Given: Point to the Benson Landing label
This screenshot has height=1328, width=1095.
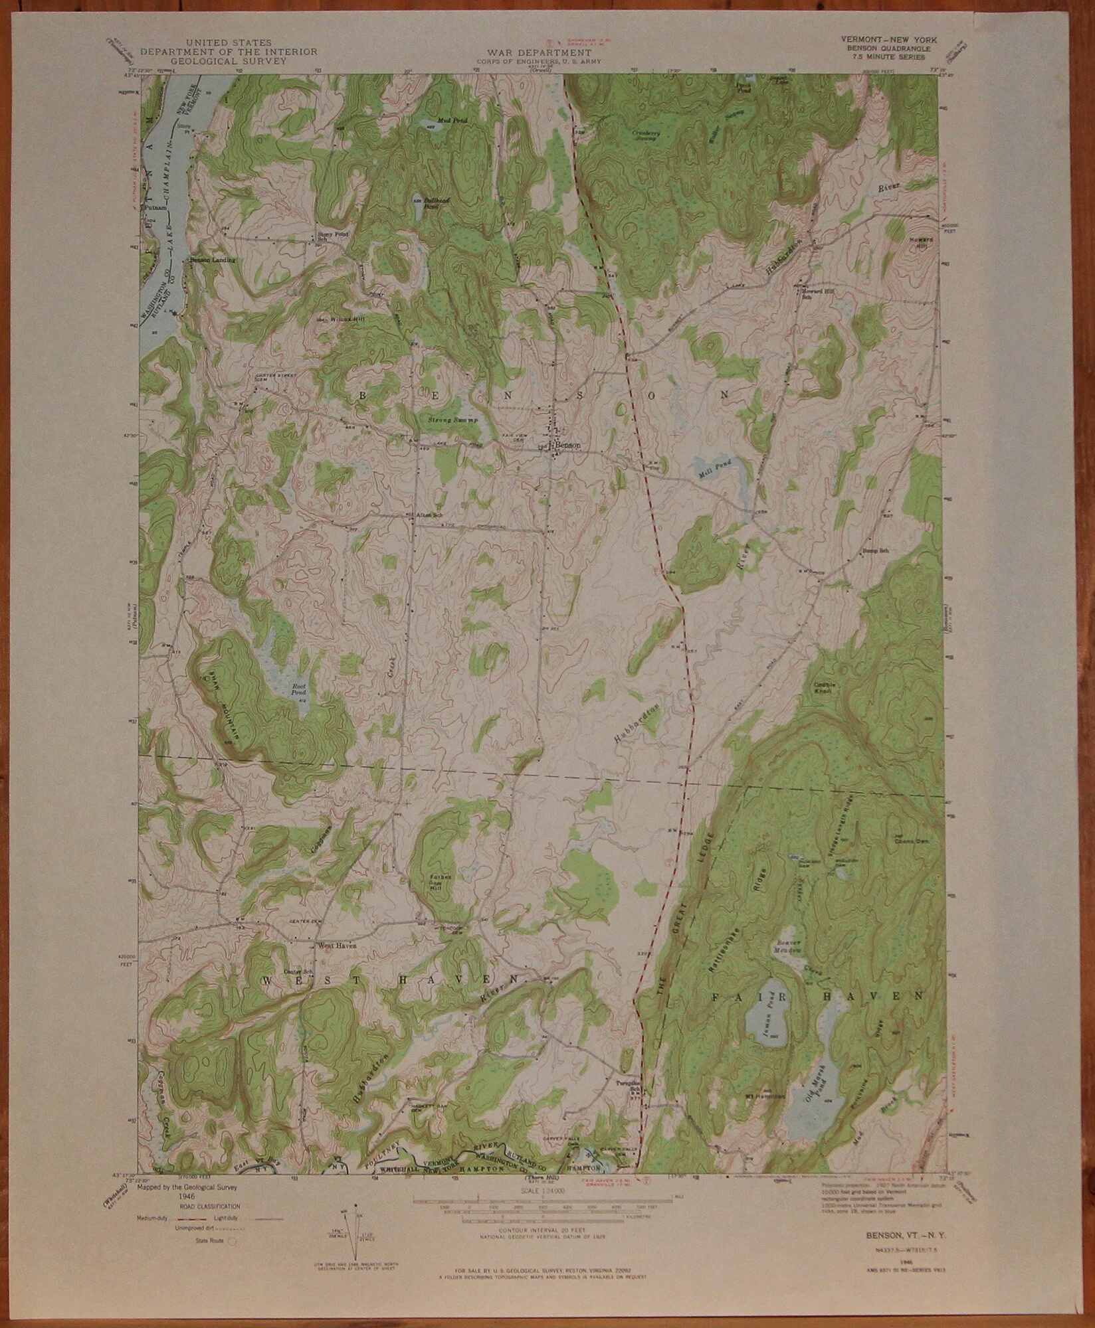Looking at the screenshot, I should (213, 260).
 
